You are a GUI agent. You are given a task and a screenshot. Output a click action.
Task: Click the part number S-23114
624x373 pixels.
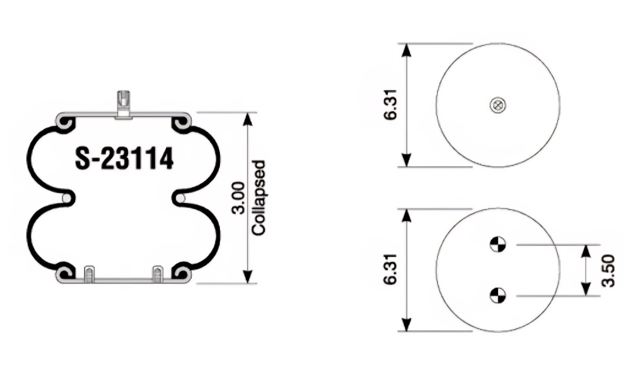point(124,159)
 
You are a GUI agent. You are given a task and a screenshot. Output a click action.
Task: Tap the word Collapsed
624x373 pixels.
point(259,198)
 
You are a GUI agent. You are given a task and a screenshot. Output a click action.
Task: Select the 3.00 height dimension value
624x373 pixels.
point(238,198)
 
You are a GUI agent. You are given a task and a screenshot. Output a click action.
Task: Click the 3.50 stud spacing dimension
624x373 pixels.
point(608,270)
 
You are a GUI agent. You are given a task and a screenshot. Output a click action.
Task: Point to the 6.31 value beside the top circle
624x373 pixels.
point(390,105)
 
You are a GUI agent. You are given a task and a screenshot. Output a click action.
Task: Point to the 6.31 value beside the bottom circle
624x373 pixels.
point(390,270)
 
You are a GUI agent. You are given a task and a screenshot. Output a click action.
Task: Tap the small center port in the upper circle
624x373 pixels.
point(498,105)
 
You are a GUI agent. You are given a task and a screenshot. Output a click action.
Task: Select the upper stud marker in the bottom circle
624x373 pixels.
point(498,245)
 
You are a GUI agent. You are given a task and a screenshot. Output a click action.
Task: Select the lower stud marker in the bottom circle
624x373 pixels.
point(498,295)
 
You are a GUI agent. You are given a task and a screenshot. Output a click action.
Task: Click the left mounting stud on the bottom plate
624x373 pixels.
point(89,274)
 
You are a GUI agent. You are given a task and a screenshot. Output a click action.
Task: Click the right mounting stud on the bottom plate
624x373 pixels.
point(158,274)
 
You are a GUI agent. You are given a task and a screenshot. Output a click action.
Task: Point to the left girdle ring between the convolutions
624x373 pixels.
point(67,198)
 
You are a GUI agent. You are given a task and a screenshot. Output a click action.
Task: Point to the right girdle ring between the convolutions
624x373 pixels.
point(181,198)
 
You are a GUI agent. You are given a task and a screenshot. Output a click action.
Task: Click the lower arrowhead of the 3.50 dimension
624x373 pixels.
point(585,289)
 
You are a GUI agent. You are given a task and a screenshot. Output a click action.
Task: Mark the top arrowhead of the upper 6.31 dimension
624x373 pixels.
point(406,50)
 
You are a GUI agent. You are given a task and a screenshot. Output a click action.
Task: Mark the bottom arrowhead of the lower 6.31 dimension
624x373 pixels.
point(406,325)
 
